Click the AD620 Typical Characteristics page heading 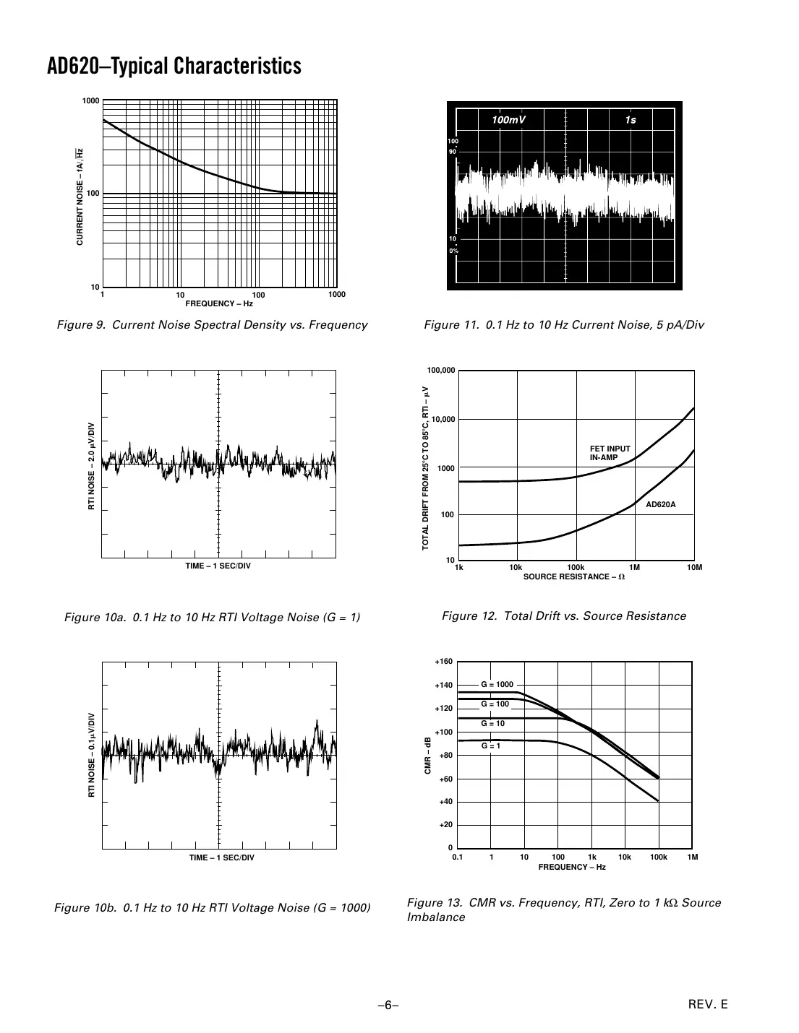[174, 66]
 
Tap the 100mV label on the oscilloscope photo [508, 120]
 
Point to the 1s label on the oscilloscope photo [631, 120]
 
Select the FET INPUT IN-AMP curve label [610, 453]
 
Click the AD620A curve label [660, 504]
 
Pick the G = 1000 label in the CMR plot [497, 684]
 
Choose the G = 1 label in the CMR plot [491, 745]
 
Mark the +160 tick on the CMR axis [443, 662]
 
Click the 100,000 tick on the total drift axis [441, 371]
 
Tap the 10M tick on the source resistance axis [694, 568]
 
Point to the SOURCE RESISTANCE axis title [573, 576]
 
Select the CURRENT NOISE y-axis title [80, 196]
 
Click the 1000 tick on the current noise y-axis [90, 101]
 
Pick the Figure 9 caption [212, 325]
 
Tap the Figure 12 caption [563, 616]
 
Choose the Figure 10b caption [213, 907]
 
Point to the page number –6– [389, 1005]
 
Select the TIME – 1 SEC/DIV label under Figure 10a [218, 566]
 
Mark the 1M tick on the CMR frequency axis [693, 857]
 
